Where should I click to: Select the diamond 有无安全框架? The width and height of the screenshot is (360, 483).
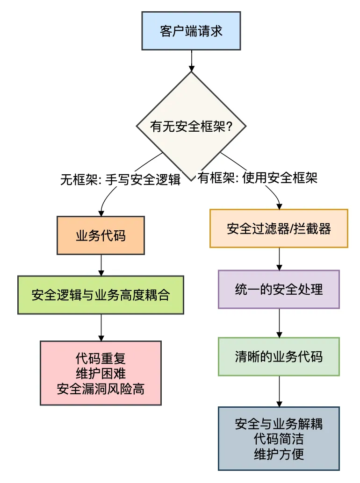[x=191, y=127]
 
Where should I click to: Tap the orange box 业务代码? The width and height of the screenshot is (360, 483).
[x=101, y=235]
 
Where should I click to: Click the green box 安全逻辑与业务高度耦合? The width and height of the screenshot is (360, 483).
[x=101, y=295]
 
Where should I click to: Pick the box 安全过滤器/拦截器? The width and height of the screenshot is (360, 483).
[x=279, y=228]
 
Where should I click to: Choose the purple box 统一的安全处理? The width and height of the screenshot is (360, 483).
[x=279, y=289]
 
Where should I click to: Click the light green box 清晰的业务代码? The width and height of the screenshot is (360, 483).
[x=279, y=357]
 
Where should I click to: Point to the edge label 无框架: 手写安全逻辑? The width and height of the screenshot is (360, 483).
[x=120, y=180]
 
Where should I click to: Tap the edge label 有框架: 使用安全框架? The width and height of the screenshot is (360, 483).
[x=258, y=178]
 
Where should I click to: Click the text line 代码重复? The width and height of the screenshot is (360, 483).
[x=101, y=359]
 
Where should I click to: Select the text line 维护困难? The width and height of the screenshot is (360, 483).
[x=101, y=374]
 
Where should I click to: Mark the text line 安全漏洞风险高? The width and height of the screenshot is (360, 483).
[x=101, y=389]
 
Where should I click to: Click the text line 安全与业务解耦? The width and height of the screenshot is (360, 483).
[x=279, y=424]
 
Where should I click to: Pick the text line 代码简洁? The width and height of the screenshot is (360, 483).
[x=279, y=439]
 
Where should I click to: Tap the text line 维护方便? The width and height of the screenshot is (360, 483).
[x=279, y=454]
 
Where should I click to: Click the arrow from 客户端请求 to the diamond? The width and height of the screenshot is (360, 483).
[x=191, y=59]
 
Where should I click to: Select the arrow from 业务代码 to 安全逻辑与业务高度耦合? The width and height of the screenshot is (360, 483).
[x=101, y=265]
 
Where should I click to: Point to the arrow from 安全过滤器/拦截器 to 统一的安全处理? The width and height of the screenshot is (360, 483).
[x=279, y=259]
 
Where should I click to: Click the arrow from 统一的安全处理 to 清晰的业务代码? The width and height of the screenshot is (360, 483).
[x=279, y=323]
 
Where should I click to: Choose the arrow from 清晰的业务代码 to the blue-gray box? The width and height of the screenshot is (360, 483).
[x=279, y=391]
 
